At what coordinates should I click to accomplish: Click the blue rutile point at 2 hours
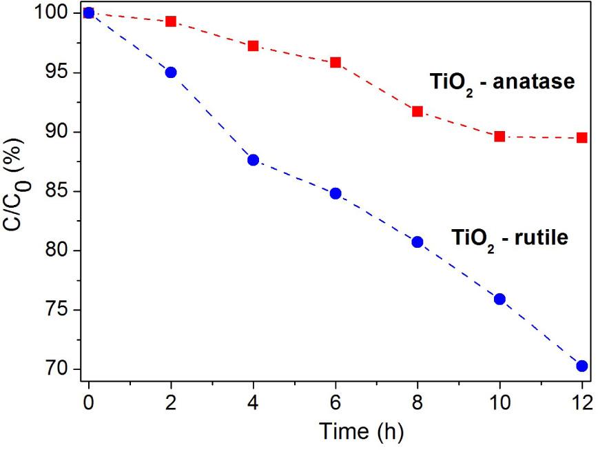click(170, 72)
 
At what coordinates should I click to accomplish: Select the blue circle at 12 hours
click(581, 366)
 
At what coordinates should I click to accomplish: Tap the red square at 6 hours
click(335, 62)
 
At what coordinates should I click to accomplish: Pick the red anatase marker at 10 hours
click(499, 136)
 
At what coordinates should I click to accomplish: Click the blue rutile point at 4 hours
click(253, 159)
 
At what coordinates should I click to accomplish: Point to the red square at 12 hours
click(581, 137)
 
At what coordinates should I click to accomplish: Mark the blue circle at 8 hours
click(417, 242)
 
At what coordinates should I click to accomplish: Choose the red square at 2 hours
click(170, 21)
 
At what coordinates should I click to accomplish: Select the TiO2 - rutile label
click(509, 239)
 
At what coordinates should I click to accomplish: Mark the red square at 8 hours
click(417, 111)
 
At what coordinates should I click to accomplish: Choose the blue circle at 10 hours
click(499, 299)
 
